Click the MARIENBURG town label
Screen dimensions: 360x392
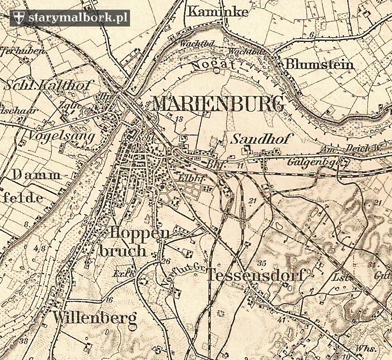pyautogui.click(x=218, y=104)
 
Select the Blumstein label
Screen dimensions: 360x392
pyautogui.click(x=319, y=65)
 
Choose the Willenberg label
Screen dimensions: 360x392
pyautogui.click(x=95, y=318)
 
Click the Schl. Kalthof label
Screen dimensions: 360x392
pyautogui.click(x=48, y=86)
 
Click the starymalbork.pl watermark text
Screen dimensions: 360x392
pyautogui.click(x=78, y=18)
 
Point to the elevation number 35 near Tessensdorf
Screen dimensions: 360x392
pyautogui.click(x=262, y=263)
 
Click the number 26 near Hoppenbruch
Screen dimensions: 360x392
pyautogui.click(x=167, y=261)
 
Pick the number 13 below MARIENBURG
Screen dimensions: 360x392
pyautogui.click(x=180, y=119)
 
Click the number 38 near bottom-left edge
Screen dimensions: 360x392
pyautogui.click(x=24, y=341)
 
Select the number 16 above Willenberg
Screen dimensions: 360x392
pyautogui.click(x=109, y=300)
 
